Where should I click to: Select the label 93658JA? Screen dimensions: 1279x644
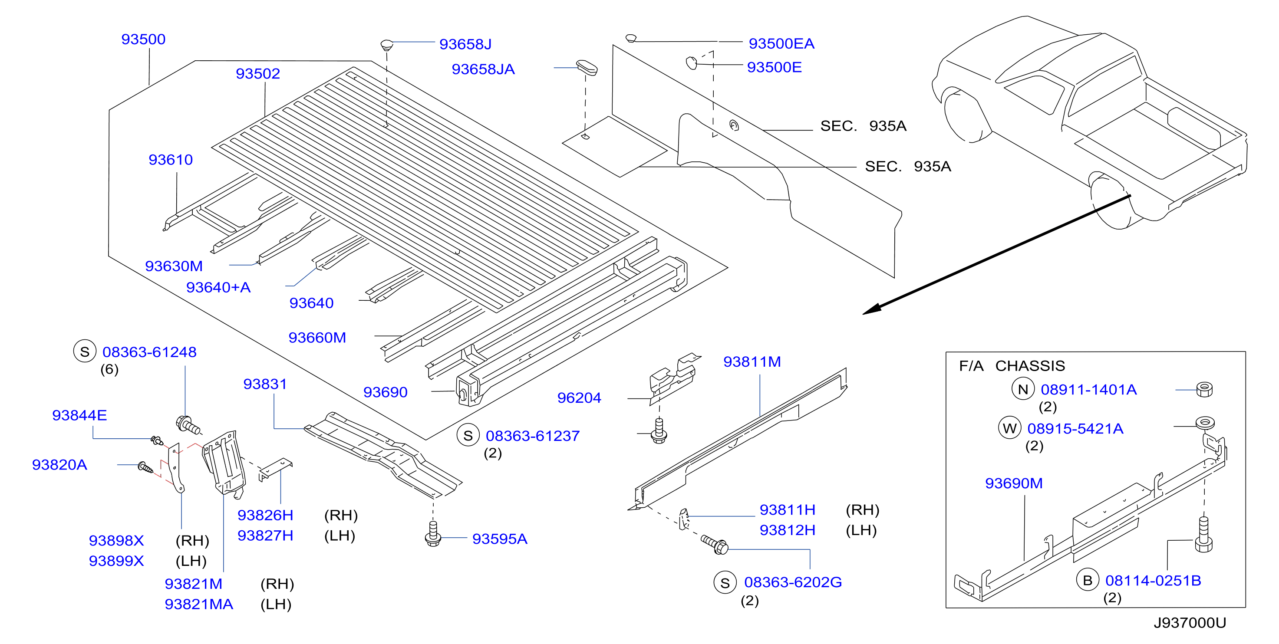point(483,69)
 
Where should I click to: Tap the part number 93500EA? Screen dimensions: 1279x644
point(781,44)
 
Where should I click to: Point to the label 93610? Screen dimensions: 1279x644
point(170,160)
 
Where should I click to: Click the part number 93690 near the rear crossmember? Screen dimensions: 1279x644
point(385,392)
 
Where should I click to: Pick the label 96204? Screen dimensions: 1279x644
point(579,398)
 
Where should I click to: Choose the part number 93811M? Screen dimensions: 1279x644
point(752,361)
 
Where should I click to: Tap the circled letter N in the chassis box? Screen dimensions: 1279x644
point(1023,389)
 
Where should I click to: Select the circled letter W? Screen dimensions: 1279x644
point(1009,428)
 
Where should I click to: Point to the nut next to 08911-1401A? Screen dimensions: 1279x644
point(1204,389)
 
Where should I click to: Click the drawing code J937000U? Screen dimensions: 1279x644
point(1190,623)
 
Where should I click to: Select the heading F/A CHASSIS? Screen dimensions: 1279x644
point(1012,366)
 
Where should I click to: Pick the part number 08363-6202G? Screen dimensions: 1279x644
point(792,582)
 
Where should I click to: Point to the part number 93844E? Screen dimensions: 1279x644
point(79,415)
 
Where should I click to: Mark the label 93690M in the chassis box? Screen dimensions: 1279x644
point(1013,483)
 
